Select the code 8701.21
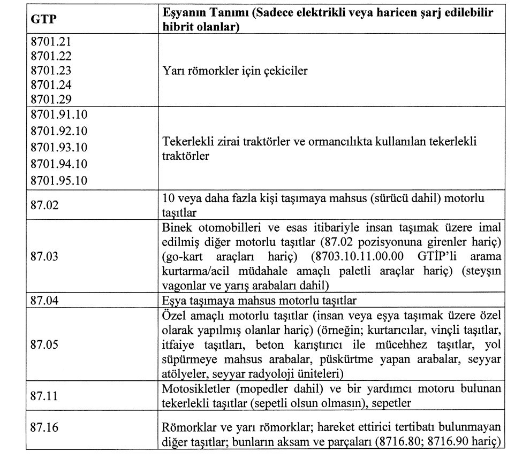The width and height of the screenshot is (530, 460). click(x=51, y=42)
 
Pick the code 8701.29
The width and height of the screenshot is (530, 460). click(x=51, y=98)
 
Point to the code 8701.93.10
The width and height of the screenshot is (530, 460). click(x=59, y=147)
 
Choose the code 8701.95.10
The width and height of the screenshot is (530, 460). click(x=59, y=180)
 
